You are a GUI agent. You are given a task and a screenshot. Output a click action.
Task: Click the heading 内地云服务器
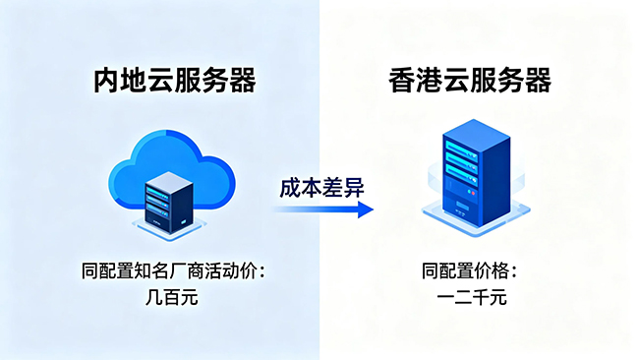point(175,80)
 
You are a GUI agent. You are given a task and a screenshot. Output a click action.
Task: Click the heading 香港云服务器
point(470,80)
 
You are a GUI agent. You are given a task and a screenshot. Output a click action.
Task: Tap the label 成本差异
point(321,188)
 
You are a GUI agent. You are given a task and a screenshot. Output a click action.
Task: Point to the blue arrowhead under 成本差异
point(365,210)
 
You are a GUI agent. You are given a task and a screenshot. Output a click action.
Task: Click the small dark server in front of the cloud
point(169,203)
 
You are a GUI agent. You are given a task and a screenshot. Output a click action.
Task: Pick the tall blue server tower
point(476,173)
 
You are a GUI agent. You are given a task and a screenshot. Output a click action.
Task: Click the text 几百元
point(172,297)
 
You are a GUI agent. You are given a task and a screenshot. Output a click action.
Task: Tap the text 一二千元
point(472,297)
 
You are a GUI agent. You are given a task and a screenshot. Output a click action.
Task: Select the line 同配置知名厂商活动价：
point(174,271)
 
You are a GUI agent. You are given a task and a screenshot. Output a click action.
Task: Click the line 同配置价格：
point(470,271)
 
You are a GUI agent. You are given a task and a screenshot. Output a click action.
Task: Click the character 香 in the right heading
point(401,80)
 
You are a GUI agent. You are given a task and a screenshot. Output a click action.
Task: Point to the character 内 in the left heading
point(106,81)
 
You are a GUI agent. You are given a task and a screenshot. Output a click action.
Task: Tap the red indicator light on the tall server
point(473,193)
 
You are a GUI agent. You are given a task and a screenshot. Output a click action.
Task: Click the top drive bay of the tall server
point(461,150)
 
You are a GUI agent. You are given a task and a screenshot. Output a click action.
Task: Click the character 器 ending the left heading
point(243,81)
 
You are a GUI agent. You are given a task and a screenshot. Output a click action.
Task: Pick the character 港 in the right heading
point(429,80)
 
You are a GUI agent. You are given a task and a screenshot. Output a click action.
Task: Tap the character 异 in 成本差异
point(354,188)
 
